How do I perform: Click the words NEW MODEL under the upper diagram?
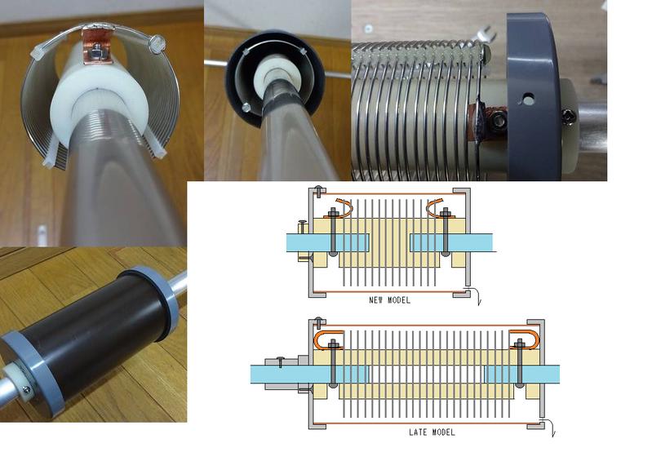[389, 300]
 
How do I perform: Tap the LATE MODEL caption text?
[432, 432]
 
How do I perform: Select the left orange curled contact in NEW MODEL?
[339, 208]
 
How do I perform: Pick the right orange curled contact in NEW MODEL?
[439, 208]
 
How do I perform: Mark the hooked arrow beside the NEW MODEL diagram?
[477, 295]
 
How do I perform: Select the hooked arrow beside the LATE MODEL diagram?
[550, 428]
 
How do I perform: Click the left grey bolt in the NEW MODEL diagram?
[333, 232]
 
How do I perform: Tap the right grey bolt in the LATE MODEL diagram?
[519, 363]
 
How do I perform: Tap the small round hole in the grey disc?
[528, 100]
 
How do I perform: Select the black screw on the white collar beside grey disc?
[567, 113]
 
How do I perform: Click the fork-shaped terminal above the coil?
[486, 34]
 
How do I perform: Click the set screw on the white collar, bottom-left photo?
[27, 389]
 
